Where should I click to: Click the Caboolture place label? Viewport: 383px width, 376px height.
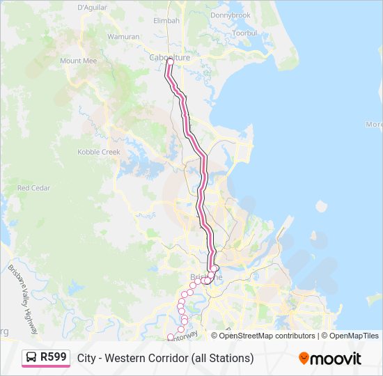point(169,58)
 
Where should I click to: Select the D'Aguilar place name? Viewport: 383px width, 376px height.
point(91,7)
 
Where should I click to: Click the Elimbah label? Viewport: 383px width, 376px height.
point(166,21)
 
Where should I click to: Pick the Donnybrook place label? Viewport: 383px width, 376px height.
point(230,15)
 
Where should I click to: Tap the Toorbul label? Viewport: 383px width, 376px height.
point(244,33)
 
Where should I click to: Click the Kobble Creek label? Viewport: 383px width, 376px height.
point(99,152)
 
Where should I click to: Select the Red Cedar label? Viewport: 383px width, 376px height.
point(33,188)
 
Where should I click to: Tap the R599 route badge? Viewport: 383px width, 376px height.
point(53,358)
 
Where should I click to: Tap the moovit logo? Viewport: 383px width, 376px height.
point(330,359)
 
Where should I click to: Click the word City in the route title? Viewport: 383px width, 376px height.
point(86,359)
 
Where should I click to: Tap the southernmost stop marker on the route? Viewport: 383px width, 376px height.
point(170,338)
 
